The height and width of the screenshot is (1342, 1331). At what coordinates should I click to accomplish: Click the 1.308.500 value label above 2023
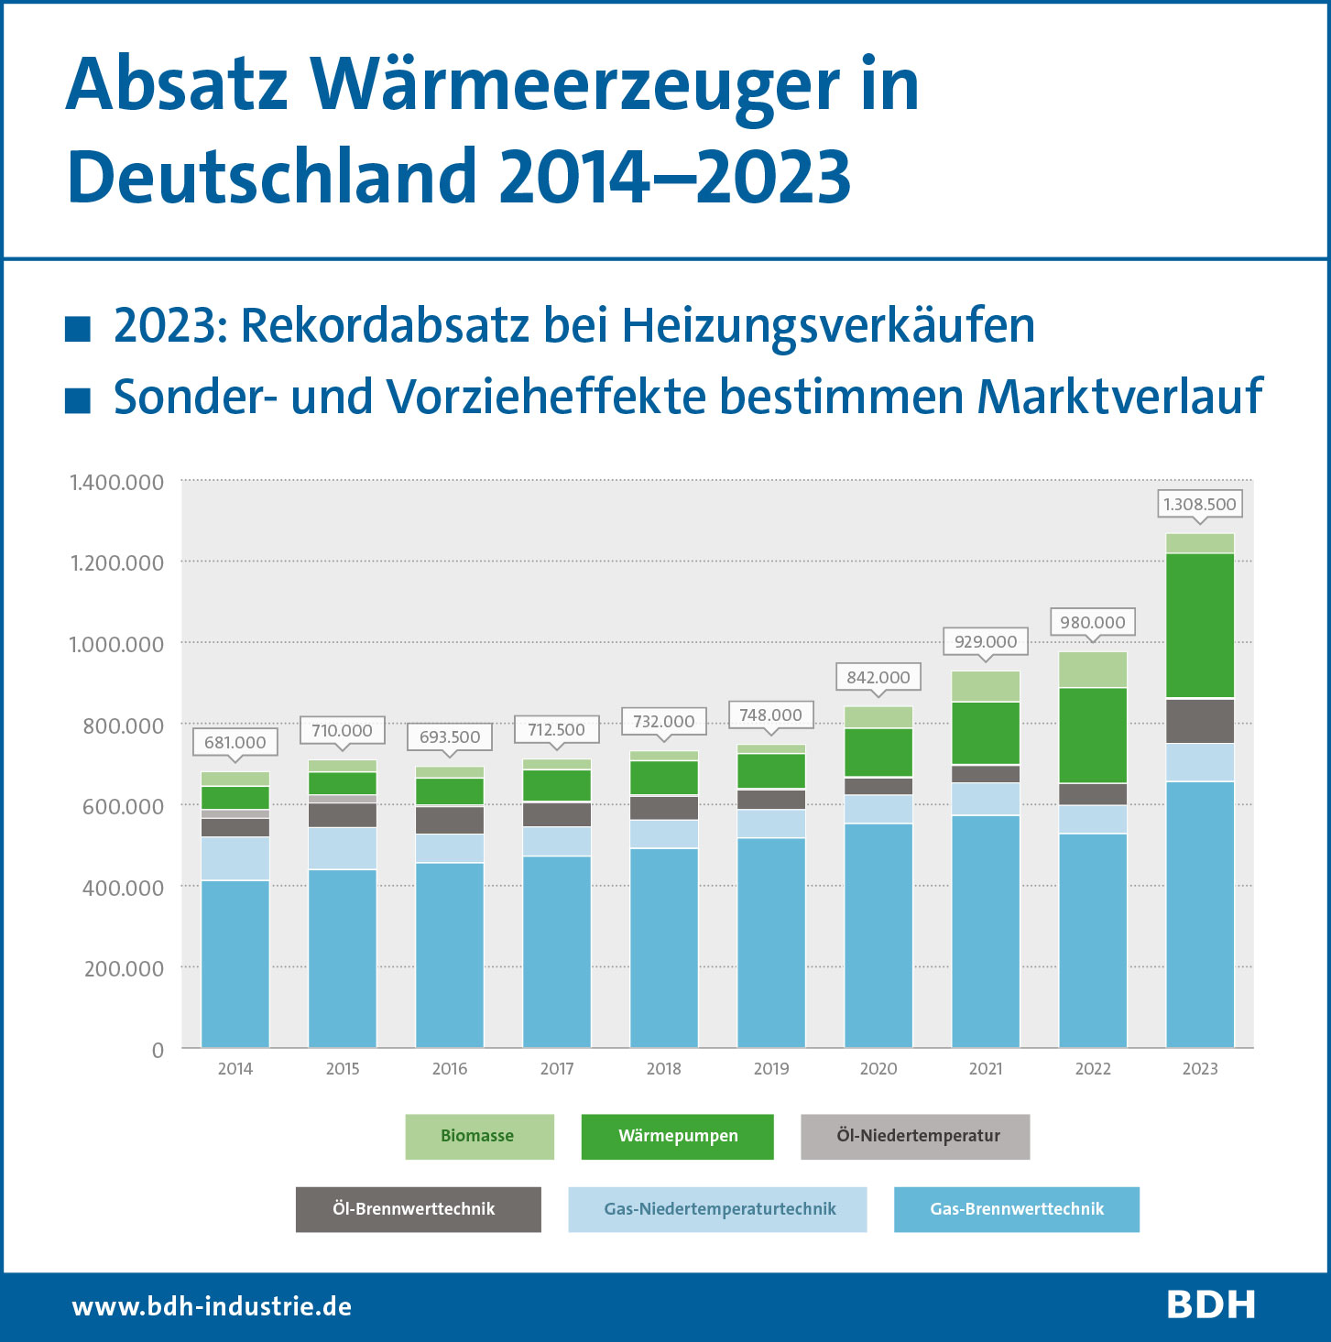tap(1199, 505)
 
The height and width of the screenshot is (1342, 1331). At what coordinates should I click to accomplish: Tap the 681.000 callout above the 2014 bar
tap(235, 742)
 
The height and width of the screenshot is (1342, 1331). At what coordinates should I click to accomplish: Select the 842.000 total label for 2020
tap(878, 678)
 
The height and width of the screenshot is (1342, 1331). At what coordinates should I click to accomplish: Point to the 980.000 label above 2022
tap(1092, 623)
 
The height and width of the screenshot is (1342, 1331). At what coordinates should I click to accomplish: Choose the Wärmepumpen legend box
tap(677, 1136)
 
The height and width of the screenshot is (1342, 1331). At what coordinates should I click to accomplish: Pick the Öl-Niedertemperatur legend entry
tap(915, 1136)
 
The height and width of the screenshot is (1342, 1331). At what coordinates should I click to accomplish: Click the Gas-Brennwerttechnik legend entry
tap(1016, 1209)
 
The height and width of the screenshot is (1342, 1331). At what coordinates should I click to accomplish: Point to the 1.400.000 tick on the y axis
tap(117, 483)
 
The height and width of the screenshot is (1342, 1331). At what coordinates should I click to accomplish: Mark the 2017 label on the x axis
tap(556, 1069)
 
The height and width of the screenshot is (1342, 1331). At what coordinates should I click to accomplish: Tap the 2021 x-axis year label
tap(986, 1069)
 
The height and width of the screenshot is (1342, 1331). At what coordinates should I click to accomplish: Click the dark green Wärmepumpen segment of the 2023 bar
tap(1199, 626)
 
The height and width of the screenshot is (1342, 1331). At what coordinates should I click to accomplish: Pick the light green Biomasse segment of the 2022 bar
tap(1092, 670)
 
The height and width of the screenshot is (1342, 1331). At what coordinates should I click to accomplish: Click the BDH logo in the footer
tap(1210, 1305)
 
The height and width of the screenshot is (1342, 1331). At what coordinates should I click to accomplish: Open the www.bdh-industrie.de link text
tap(212, 1306)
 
